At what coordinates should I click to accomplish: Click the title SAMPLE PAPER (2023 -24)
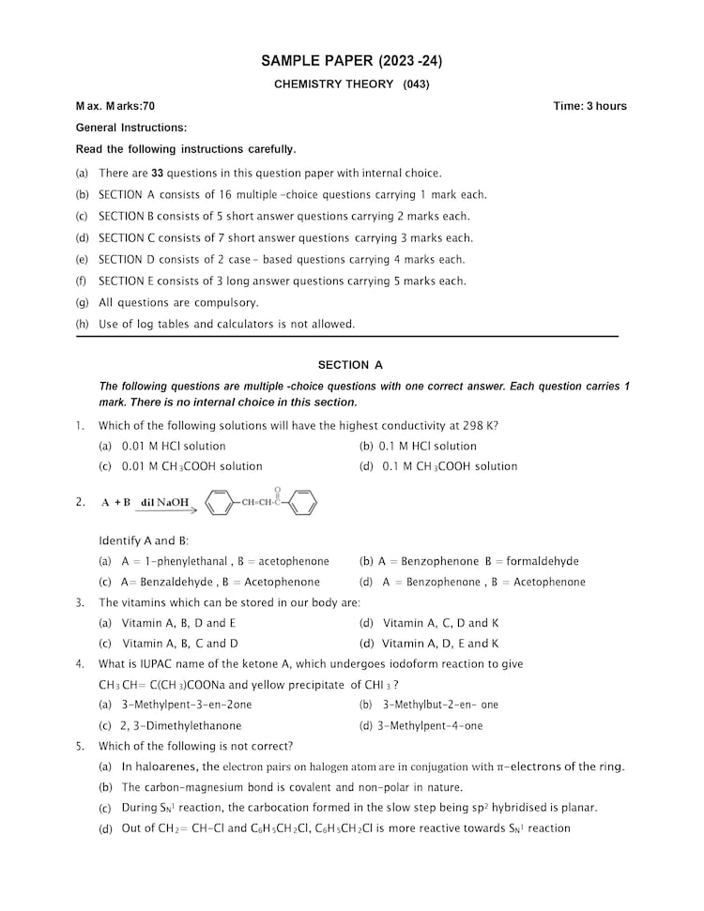point(351,62)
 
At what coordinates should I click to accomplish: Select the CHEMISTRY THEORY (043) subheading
point(351,84)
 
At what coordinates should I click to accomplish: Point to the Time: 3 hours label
point(589,106)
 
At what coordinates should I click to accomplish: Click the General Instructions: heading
point(130,128)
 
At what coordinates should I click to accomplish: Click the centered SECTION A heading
point(350,365)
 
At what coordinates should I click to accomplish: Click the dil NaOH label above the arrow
point(165,503)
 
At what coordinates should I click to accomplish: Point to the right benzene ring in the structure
point(302,504)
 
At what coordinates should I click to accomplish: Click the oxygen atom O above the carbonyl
point(278,489)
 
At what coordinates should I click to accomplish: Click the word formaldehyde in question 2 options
point(543,562)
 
